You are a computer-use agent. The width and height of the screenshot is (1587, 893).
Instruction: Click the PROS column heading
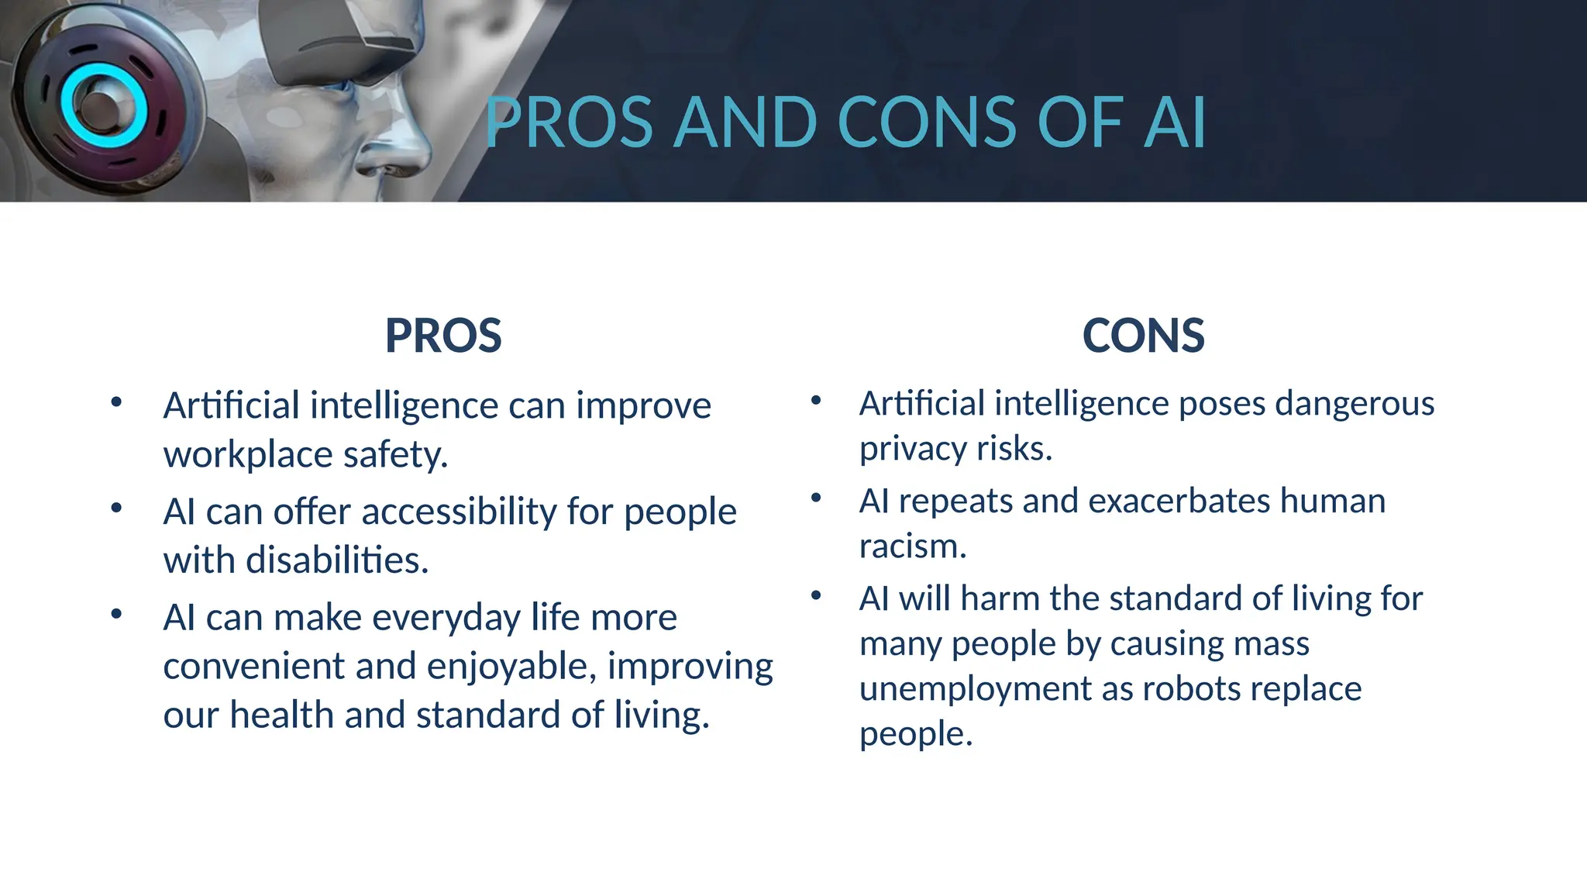pyautogui.click(x=443, y=336)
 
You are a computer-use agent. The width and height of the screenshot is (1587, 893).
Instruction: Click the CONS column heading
pyautogui.click(x=1143, y=336)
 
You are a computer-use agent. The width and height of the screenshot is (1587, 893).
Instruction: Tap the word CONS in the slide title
pyautogui.click(x=927, y=122)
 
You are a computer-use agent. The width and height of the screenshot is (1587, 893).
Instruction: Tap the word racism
pyautogui.click(x=912, y=546)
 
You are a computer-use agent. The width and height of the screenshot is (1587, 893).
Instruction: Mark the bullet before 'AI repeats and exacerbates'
pyautogui.click(x=816, y=498)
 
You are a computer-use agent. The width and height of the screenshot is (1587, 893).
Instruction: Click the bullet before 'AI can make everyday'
pyautogui.click(x=116, y=615)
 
